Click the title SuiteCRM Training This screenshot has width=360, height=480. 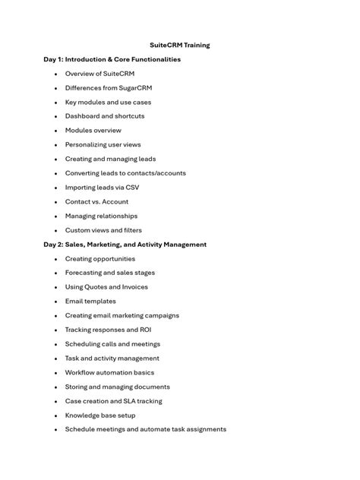[x=180, y=45]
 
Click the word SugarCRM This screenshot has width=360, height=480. [x=135, y=88]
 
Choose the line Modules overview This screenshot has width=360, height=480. [x=93, y=131]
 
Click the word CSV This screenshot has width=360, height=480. [x=132, y=188]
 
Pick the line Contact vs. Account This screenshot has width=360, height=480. [x=96, y=202]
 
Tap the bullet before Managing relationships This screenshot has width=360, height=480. [x=55, y=216]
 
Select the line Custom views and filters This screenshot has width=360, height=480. [x=103, y=230]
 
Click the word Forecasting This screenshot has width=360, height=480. [x=84, y=273]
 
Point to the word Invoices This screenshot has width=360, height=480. [x=133, y=287]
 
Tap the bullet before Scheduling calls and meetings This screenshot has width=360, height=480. [x=55, y=345]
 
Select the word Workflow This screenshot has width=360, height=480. [x=81, y=373]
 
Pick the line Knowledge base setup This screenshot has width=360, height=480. [x=101, y=415]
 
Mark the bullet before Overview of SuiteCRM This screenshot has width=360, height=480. [x=55, y=74]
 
